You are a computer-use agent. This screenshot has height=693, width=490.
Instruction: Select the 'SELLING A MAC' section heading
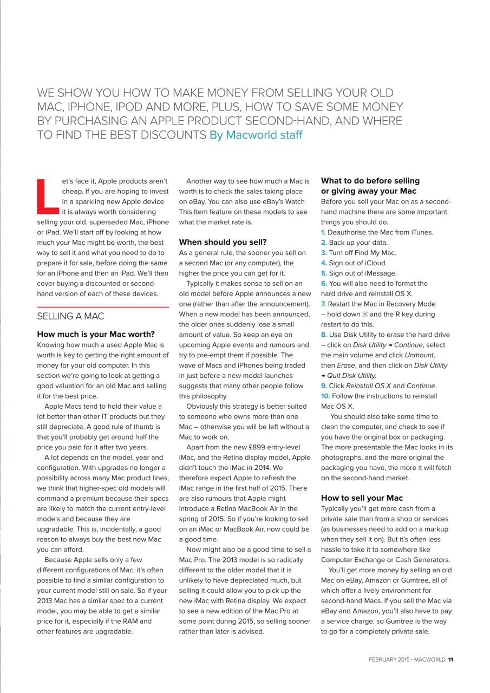click(70, 316)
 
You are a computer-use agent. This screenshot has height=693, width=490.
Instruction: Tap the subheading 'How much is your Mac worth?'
click(96, 334)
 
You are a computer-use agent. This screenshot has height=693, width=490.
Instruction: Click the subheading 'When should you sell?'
click(223, 242)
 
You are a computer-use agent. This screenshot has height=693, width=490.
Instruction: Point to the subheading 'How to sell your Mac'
click(362, 498)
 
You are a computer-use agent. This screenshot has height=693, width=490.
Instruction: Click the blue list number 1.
click(323, 232)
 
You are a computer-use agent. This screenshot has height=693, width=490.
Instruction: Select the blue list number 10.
click(326, 396)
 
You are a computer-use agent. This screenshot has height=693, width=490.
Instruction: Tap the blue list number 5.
click(324, 273)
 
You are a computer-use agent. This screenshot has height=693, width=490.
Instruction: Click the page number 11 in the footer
click(450, 659)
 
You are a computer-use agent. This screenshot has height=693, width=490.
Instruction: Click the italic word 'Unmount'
click(420, 355)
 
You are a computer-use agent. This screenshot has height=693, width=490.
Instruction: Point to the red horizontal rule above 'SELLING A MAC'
click(103, 307)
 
